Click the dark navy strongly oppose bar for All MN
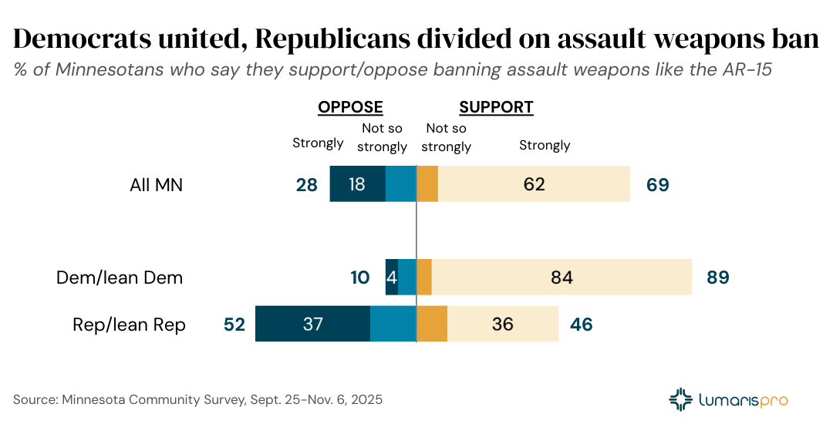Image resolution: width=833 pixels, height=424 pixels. [357, 184]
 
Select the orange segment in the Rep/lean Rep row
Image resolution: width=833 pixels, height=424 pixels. [432, 324]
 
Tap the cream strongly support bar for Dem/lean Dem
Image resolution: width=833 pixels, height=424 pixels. [562, 277]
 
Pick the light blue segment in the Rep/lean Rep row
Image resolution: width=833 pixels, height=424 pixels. [393, 324]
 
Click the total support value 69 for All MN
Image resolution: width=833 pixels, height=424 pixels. [658, 185]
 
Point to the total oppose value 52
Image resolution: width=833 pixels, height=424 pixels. [234, 325]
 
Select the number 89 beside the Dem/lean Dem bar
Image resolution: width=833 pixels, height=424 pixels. [718, 278]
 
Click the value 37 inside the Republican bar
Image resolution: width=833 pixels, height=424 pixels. [312, 325]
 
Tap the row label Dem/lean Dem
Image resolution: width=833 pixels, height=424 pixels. [120, 278]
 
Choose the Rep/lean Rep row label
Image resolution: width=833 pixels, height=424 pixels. [129, 325]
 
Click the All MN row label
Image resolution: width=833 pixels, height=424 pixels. [157, 185]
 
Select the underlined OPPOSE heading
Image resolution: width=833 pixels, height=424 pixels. [351, 107]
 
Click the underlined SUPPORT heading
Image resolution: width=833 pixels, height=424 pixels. [496, 107]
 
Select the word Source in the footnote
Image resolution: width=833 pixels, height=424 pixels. [37, 400]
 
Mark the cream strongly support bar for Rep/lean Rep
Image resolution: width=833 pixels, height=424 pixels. [503, 324]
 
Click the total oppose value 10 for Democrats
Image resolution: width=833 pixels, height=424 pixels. [360, 278]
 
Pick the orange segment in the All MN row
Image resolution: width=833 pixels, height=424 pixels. [427, 184]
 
